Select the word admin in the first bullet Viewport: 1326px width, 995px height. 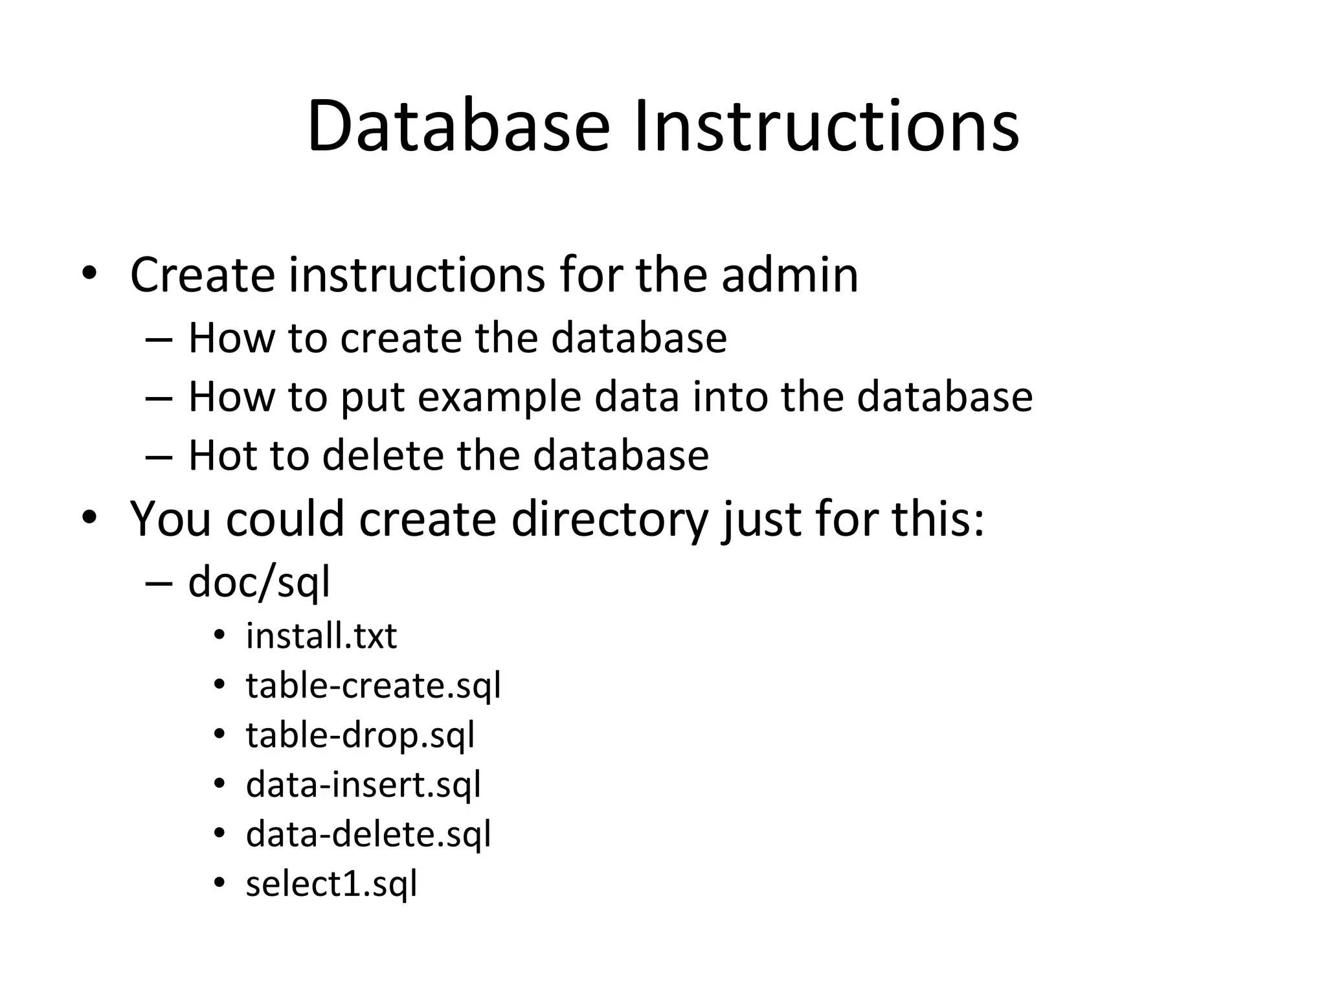tap(789, 275)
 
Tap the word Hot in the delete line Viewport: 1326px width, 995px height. tap(220, 455)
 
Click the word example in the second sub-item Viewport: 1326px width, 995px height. tap(499, 396)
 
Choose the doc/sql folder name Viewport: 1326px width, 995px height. tap(259, 582)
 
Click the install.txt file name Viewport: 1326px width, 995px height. tap(321, 635)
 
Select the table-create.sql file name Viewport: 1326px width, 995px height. tap(374, 685)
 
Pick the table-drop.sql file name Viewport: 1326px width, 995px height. tap(361, 735)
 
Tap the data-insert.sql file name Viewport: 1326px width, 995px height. tap(363, 784)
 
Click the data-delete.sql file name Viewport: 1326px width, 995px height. tap(368, 834)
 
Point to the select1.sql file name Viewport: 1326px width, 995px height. tap(331, 884)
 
